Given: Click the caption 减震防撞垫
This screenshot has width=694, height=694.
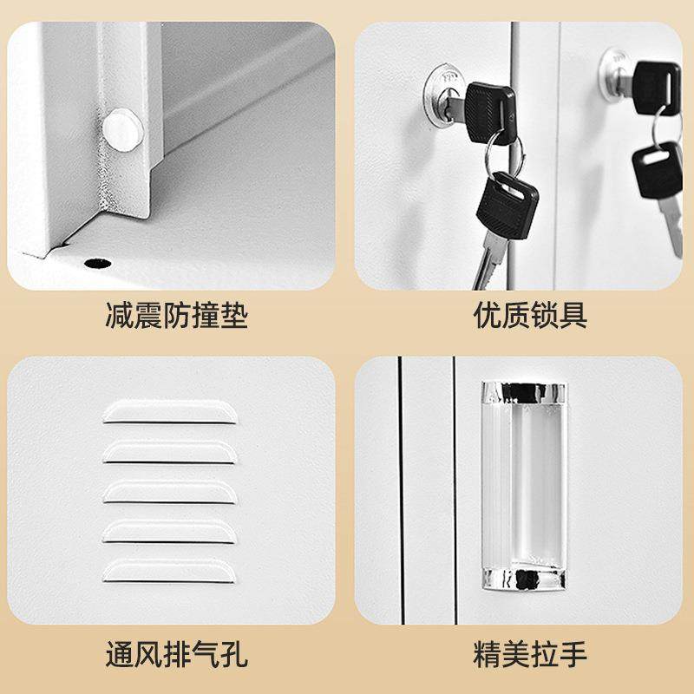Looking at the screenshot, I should click(175, 315).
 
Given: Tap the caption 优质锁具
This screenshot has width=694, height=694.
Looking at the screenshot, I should click(530, 315).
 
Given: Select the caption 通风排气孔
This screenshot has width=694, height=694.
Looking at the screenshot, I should click(175, 652).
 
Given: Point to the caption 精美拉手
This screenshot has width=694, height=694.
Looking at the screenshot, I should click(530, 652).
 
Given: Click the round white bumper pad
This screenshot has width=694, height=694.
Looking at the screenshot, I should click(121, 128).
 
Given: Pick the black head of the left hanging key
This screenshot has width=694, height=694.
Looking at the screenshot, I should click(507, 205).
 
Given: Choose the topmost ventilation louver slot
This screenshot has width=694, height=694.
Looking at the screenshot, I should click(170, 411).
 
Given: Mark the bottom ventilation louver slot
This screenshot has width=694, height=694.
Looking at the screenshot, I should click(170, 570).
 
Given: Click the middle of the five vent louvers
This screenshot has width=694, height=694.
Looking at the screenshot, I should click(170, 491).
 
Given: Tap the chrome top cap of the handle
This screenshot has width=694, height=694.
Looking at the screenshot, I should click(520, 391).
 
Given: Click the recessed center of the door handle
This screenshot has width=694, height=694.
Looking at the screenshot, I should click(520, 486).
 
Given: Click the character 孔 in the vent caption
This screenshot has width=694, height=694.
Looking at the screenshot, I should click(232, 652).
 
